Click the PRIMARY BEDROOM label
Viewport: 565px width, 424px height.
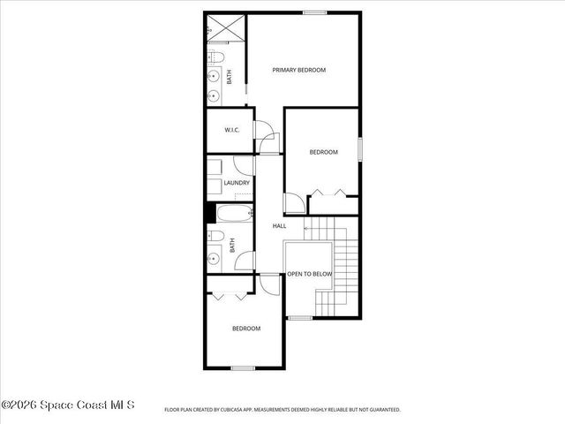299,70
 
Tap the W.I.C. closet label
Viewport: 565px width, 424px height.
232,131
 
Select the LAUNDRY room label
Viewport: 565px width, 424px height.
236,183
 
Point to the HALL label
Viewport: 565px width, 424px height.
279,226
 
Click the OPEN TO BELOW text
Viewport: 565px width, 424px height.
310,274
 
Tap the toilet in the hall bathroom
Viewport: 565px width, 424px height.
215,237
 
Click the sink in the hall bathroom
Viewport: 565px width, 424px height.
214,260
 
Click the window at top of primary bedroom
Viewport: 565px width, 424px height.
314,12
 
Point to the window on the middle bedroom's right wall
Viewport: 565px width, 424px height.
360,148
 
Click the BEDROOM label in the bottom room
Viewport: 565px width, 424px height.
246,329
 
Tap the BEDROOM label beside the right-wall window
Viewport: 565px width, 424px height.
323,152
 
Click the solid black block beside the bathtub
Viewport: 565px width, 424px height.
210,213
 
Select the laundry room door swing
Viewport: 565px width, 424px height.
244,165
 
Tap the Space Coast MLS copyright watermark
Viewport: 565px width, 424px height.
68,405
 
